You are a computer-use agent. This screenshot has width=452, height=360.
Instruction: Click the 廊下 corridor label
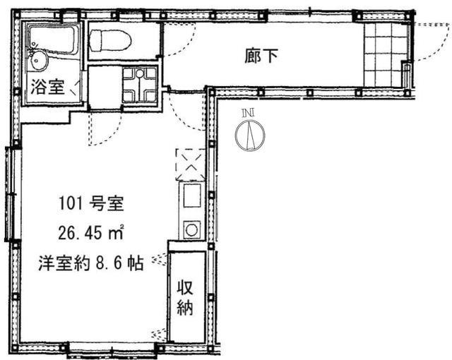(261, 56)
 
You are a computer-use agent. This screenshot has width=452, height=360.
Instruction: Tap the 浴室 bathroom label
(47, 86)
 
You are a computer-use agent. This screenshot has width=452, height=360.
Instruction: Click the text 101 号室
(91, 203)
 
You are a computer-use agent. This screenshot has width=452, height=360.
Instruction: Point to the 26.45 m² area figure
(91, 232)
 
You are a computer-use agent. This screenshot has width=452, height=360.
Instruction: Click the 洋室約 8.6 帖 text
(91, 263)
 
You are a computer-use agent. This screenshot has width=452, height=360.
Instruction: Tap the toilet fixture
(110, 41)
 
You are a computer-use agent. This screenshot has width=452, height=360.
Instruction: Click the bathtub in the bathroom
(54, 39)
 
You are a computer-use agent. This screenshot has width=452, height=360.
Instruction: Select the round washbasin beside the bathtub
(39, 61)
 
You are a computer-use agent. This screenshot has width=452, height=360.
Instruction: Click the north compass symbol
(250, 135)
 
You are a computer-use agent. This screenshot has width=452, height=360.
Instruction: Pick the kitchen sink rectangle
(192, 196)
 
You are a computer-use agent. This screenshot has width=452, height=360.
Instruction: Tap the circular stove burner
(192, 229)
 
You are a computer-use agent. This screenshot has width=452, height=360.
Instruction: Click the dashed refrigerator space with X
(191, 164)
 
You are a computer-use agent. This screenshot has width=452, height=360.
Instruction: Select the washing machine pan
(140, 85)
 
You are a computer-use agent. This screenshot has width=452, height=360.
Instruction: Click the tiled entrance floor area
(386, 55)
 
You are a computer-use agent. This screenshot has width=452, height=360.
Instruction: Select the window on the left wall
(9, 194)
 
